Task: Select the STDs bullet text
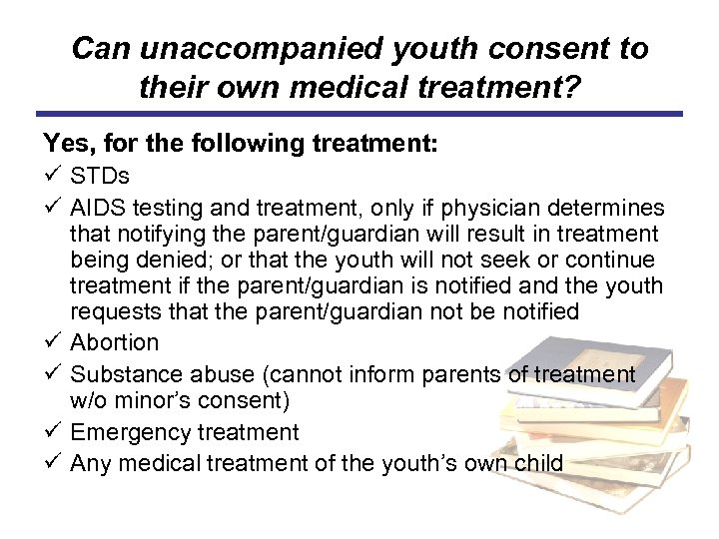click(x=100, y=177)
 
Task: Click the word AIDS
click(x=99, y=207)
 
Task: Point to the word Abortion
click(x=115, y=342)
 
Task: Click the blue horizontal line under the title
click(x=359, y=114)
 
